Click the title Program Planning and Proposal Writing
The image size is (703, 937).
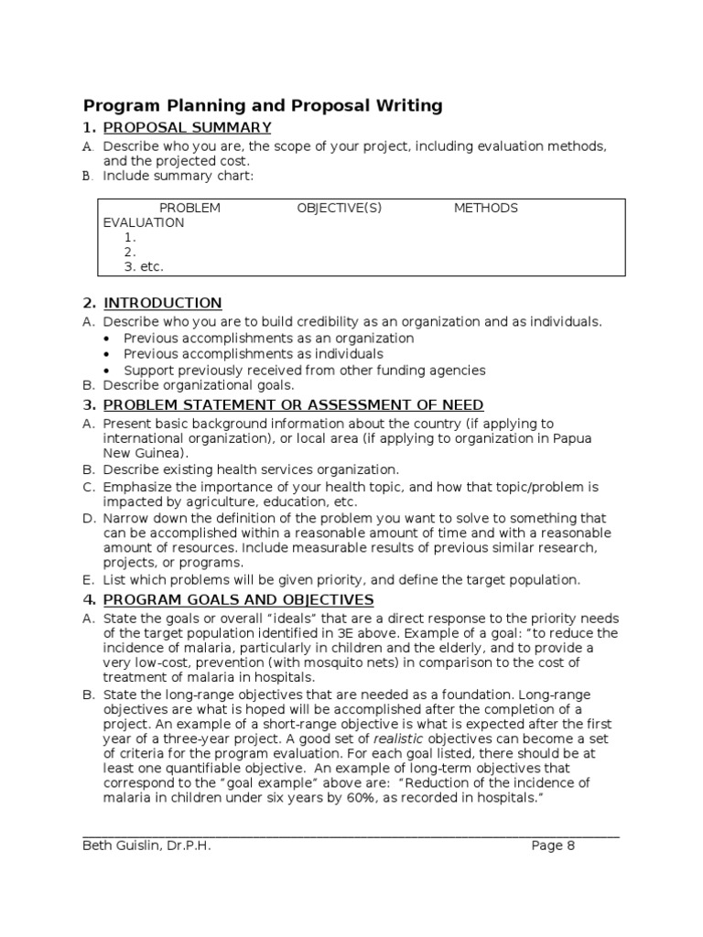pos(263,106)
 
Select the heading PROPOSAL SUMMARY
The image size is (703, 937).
pos(187,127)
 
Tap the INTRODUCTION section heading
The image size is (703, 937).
pos(162,303)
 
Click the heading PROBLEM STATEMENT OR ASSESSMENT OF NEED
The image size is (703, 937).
pos(293,405)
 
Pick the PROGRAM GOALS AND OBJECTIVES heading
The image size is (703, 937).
pos(238,599)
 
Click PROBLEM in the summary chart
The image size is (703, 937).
pos(189,208)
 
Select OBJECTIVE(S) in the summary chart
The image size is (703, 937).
pos(339,208)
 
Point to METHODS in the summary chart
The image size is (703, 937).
pos(485,208)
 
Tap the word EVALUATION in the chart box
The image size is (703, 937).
pos(143,222)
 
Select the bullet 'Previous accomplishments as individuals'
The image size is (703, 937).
pos(254,354)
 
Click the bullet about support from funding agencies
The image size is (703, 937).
pos(304,371)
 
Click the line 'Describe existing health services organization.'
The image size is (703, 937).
pos(251,469)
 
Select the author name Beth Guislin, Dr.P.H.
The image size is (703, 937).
pos(146,846)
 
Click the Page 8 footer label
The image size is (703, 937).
pos(553,846)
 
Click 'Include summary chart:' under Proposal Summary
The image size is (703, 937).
pos(178,176)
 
